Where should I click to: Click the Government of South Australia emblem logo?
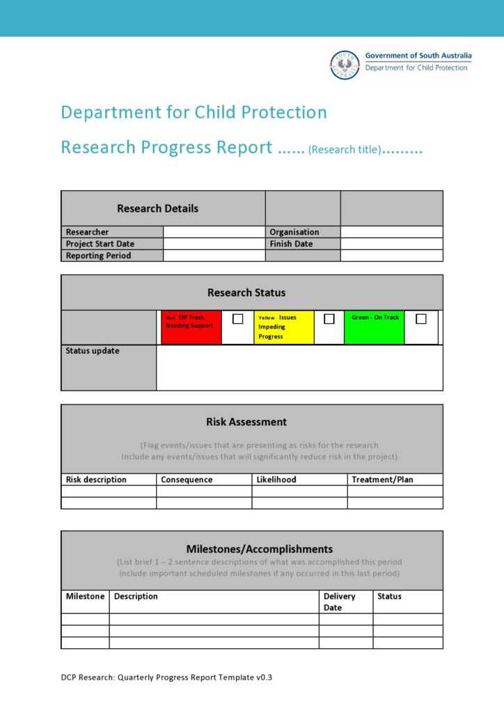click(345, 64)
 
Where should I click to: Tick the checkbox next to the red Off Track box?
click(237, 319)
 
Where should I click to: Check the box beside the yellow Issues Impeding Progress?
click(329, 319)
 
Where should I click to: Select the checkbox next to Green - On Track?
click(420, 319)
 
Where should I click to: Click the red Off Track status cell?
click(191, 327)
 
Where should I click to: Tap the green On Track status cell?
click(375, 327)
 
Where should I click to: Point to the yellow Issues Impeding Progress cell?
click(283, 327)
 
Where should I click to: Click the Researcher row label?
click(87, 232)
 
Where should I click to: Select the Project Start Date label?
click(100, 244)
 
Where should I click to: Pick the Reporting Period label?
click(98, 256)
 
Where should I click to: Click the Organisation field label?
click(294, 232)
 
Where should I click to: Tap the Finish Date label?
click(291, 244)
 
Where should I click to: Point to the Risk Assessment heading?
click(246, 422)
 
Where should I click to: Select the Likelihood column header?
click(276, 480)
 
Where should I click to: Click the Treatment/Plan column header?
click(382, 480)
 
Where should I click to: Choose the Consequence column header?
click(187, 480)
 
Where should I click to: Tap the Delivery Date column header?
click(339, 602)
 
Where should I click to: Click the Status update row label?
click(92, 351)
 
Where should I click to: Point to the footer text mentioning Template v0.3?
click(166, 676)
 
